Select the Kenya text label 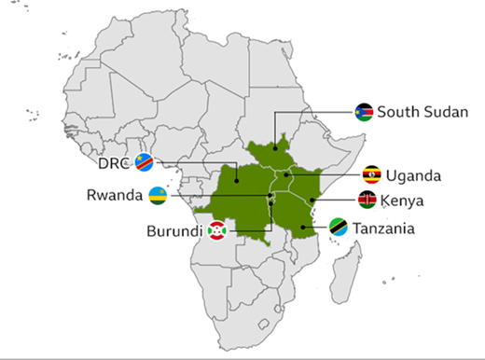click(403, 200)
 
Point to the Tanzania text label click(390, 228)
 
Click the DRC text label click(115, 164)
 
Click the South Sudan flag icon click(364, 113)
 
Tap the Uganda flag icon click(371, 174)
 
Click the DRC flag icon click(145, 164)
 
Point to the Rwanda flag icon click(158, 196)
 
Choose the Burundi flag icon click(217, 229)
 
